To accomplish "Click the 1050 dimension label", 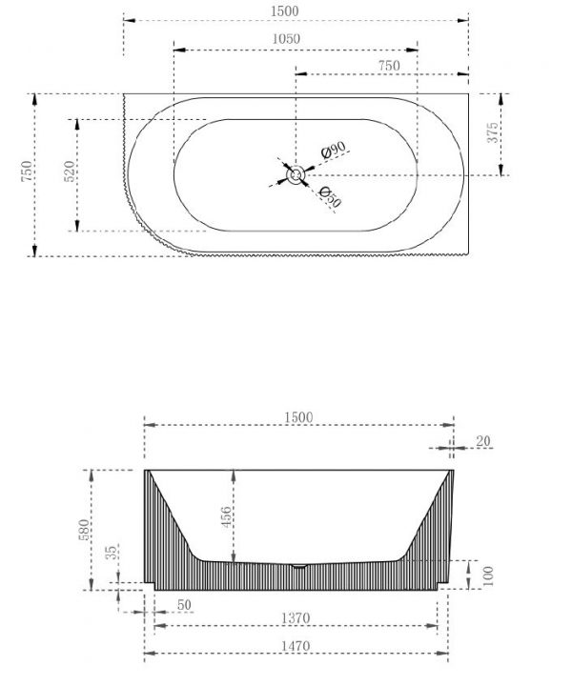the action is (x=286, y=39).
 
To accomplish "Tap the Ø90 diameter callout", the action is (x=333, y=151).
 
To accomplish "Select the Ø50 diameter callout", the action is (x=330, y=197).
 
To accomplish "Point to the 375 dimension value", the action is (x=492, y=132).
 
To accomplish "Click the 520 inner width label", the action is (x=70, y=171).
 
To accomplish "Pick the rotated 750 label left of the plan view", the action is (x=27, y=171).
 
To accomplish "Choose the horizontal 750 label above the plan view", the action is (x=389, y=66).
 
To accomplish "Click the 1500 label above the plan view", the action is (x=285, y=11).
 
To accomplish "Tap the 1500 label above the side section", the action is (x=299, y=417).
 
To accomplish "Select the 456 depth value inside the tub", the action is (x=226, y=516).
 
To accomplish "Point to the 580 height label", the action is (x=85, y=530).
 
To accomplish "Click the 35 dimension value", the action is (x=112, y=552).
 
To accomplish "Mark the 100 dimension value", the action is (x=489, y=575).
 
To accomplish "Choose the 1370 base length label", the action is (x=296, y=618).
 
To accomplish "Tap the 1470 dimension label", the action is (x=296, y=646).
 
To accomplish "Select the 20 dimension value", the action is (x=483, y=441).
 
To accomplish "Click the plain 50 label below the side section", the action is (x=184, y=605).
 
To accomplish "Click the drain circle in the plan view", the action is (x=296, y=175).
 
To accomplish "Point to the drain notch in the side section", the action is (x=299, y=566).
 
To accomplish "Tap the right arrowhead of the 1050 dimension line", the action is (x=412, y=50).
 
